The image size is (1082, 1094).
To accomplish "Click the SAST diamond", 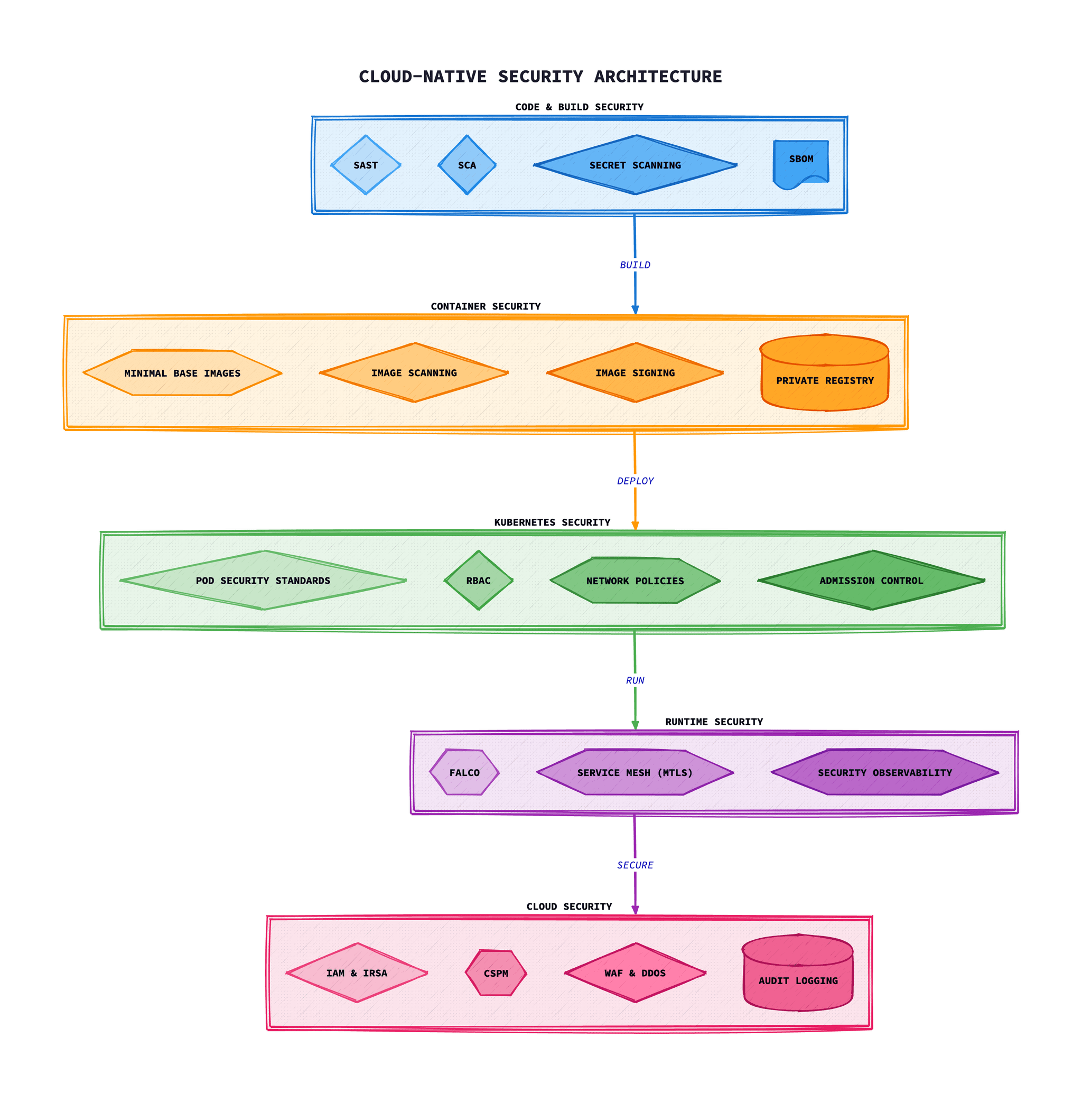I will [365, 165].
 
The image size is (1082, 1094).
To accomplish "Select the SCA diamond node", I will [467, 165].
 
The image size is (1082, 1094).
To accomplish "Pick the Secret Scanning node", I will [635, 165].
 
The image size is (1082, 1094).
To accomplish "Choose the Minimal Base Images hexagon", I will [182, 372].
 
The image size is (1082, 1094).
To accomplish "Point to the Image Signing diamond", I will [635, 372].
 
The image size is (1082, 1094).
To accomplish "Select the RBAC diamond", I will [479, 581].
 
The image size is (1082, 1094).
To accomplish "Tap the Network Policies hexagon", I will [635, 581].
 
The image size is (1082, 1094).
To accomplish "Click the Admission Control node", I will [871, 581].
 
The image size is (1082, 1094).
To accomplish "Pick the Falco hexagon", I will [464, 772].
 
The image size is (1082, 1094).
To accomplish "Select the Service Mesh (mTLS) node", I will [635, 772].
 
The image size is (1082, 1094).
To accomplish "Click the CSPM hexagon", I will [496, 973].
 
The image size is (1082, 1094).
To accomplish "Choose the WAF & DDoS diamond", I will [635, 973].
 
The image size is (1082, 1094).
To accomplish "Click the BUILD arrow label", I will [635, 265].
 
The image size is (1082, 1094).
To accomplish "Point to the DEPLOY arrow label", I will [635, 481].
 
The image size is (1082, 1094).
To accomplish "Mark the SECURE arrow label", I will [635, 865].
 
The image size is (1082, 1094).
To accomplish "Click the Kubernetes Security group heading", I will [552, 522].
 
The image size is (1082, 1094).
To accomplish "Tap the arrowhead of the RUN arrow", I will [635, 725].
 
